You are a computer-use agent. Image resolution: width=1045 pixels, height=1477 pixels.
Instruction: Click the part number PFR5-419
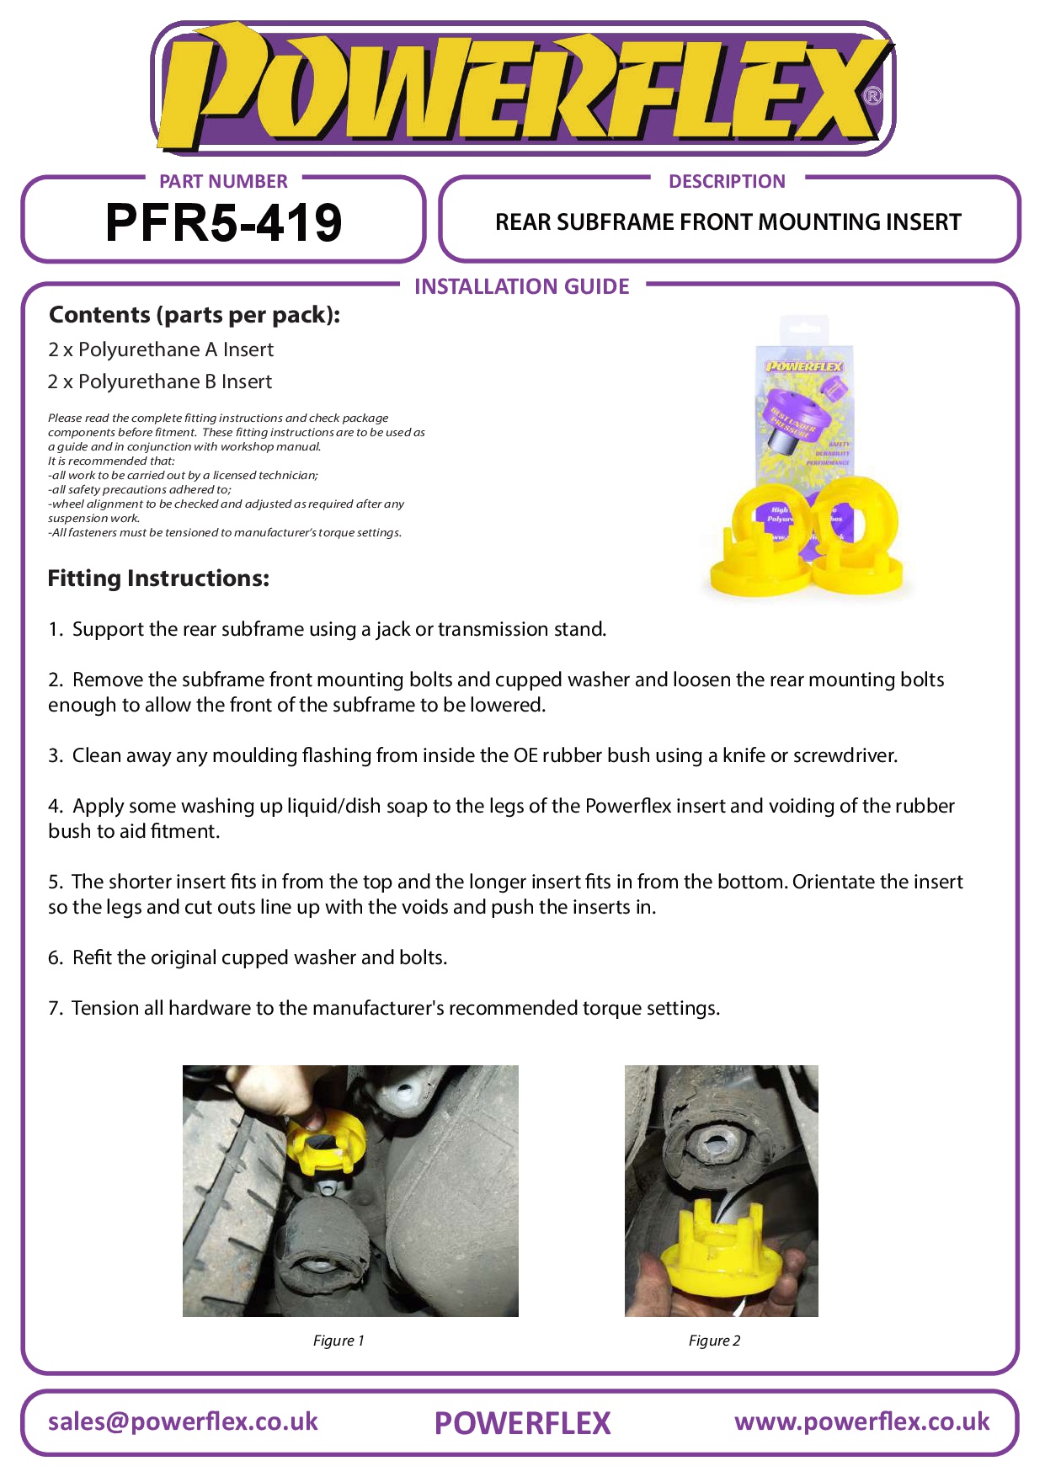(x=223, y=223)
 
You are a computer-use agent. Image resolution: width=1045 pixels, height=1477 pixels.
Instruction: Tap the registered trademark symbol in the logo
(x=873, y=96)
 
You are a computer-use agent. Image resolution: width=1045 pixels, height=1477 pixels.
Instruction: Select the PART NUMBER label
(x=223, y=181)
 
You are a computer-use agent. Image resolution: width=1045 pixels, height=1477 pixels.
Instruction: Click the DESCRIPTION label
(x=727, y=181)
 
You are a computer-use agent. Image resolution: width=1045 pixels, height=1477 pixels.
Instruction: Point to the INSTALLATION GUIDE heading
(x=521, y=286)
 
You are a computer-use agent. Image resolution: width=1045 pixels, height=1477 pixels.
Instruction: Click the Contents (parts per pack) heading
(x=195, y=315)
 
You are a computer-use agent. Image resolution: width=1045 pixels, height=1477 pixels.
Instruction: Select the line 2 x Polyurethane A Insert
(x=161, y=349)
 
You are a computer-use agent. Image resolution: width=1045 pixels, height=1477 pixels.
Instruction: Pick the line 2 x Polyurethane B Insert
(x=160, y=381)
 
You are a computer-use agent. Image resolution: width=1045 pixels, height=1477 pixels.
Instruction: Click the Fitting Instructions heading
(x=158, y=579)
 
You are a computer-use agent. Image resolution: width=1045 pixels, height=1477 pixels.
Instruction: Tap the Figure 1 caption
(x=339, y=1341)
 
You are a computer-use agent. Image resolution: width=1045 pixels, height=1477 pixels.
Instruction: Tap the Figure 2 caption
(x=714, y=1341)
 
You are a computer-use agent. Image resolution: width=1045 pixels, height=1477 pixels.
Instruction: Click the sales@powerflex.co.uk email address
(x=183, y=1421)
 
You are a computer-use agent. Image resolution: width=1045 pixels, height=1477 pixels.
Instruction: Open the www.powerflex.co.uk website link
(x=861, y=1421)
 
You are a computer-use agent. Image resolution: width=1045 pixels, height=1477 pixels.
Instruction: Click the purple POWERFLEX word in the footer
(x=522, y=1423)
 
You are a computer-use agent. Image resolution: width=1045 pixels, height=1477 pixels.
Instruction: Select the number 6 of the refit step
(x=55, y=957)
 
